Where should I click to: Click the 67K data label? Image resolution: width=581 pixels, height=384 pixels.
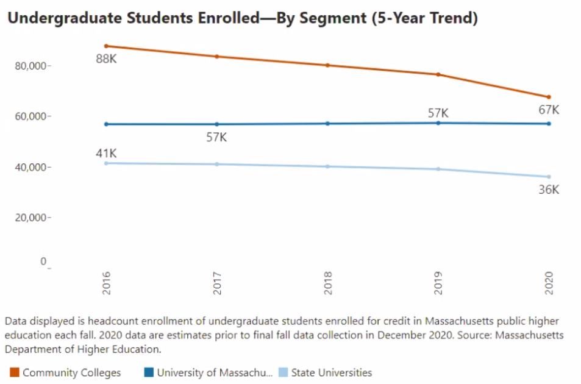548,110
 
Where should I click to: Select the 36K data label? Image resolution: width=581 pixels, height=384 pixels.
548,190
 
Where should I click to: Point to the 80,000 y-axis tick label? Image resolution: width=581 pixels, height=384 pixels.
30,66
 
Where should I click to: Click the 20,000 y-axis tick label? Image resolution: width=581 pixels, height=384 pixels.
30,218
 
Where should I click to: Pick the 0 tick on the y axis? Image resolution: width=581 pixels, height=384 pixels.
43,261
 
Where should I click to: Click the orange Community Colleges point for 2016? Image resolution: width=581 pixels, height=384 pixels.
106,46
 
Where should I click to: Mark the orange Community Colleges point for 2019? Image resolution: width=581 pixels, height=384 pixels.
438,74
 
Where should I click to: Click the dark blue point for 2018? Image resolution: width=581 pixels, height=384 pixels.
327,123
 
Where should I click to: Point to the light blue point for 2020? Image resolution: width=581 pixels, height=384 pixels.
549,177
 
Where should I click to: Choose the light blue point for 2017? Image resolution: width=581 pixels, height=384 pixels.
217,164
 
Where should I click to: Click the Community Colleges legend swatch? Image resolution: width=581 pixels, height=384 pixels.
15,372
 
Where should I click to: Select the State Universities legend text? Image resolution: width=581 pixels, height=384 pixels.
331,372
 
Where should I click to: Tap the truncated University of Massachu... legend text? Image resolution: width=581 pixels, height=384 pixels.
214,372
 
